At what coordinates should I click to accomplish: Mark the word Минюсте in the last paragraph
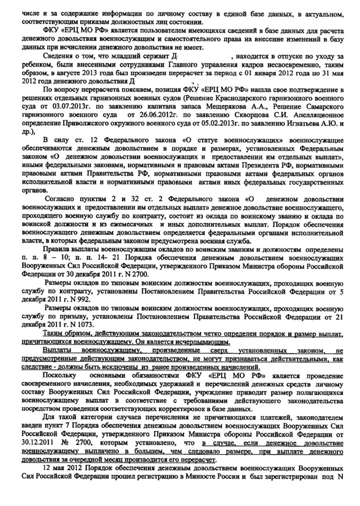pos(220,479)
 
